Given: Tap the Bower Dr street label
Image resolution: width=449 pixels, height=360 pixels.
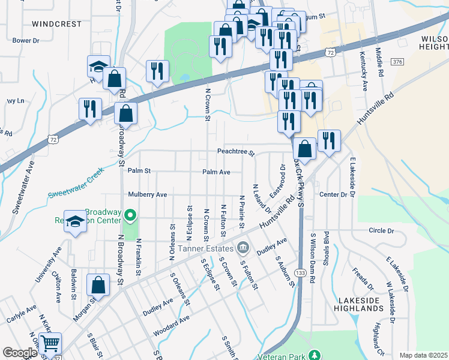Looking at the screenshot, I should click(x=26, y=41).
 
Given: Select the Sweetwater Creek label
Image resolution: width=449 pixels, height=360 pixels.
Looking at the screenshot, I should click(x=76, y=184).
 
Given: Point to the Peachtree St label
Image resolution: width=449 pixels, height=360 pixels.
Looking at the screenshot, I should click(x=236, y=152).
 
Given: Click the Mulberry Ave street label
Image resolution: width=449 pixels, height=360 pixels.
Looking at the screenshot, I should click(x=147, y=195).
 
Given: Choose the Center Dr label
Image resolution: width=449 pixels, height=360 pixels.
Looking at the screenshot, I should click(x=334, y=194).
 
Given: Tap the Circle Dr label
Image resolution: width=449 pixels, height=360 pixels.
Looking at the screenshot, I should click(x=381, y=230).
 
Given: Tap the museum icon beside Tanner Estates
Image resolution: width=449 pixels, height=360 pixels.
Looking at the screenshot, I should click(x=243, y=247).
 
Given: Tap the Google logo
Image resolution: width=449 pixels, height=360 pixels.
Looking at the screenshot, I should click(x=20, y=353).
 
